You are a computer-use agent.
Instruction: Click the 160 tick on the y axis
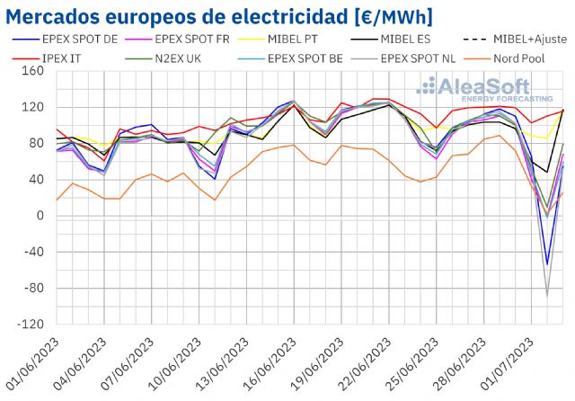point(34,71)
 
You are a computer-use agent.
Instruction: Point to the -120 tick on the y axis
point(31,324)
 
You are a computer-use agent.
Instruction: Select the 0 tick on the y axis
point(40,216)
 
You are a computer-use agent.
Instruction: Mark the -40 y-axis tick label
point(33,252)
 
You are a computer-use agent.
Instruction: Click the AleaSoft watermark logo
point(485,90)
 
